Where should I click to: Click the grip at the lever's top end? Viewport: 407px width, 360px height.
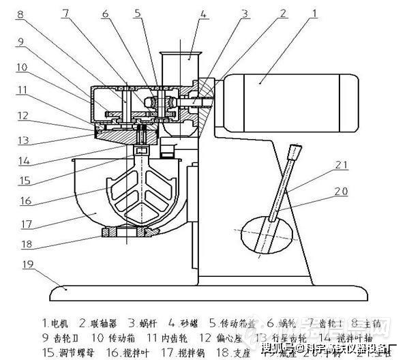pyautogui.click(x=295, y=151)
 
